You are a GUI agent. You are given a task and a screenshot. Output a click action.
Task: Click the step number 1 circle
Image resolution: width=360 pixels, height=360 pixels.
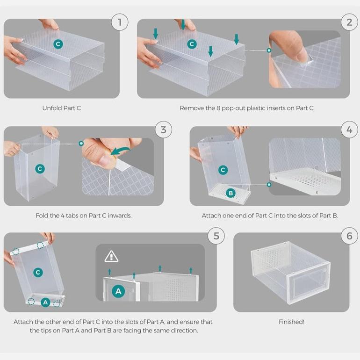pyautogui.click(x=120, y=22)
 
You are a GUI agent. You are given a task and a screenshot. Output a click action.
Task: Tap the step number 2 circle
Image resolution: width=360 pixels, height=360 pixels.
pyautogui.click(x=349, y=22)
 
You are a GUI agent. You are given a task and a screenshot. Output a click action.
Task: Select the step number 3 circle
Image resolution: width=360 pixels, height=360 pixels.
pyautogui.click(x=164, y=130)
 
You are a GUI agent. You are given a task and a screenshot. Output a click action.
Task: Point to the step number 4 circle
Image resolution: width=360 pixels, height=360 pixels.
pyautogui.click(x=349, y=130)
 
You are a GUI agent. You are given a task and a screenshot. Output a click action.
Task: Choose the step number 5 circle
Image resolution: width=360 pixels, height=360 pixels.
pyautogui.click(x=216, y=236)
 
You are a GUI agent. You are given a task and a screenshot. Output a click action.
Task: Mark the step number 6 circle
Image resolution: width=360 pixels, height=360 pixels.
pyautogui.click(x=349, y=236)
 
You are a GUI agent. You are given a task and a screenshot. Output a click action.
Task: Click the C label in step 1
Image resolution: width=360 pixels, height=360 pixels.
pyautogui.click(x=58, y=44)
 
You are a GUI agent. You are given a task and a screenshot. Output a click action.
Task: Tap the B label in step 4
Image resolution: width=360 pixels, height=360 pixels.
pyautogui.click(x=231, y=193)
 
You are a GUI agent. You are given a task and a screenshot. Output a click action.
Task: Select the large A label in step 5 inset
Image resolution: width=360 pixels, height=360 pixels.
pyautogui.click(x=118, y=291)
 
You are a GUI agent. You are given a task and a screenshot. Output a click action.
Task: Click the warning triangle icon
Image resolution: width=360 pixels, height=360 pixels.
pyautogui.click(x=111, y=257)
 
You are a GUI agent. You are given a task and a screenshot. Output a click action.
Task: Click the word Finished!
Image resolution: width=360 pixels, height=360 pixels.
pyautogui.click(x=291, y=322)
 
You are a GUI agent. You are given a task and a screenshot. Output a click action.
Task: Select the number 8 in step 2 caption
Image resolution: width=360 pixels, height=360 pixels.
pyautogui.click(x=218, y=108)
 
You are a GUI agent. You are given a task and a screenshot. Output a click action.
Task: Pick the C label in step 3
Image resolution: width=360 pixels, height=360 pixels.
pyautogui.click(x=40, y=169)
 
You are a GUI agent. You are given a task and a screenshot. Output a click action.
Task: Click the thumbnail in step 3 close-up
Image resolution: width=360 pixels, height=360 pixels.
pyautogui.click(x=104, y=161)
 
